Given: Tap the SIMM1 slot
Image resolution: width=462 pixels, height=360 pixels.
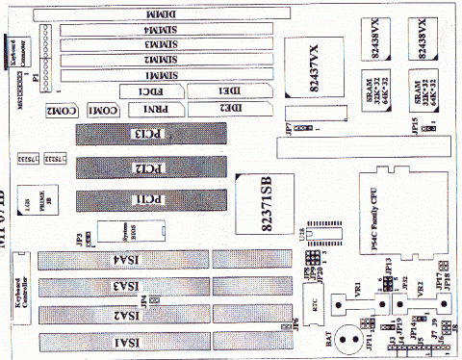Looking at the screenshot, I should click(x=159, y=75).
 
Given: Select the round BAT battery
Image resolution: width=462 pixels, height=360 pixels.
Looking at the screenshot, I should click(x=336, y=341).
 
